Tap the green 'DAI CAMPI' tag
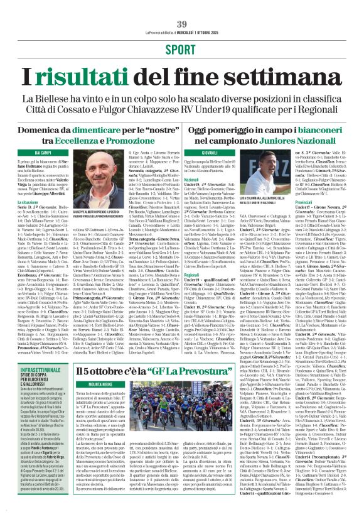(43, 153)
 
